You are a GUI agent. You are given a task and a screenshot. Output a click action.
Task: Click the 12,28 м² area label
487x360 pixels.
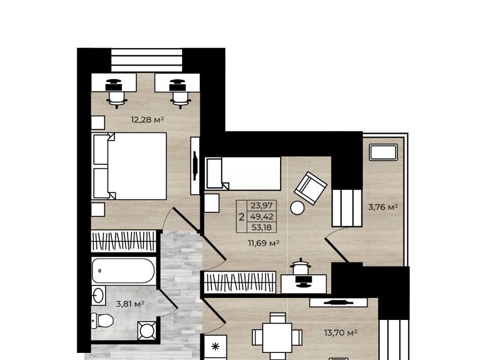pyautogui.click(x=147, y=120)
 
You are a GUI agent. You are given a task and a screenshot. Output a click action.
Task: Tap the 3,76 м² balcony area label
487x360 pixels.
pyautogui.click(x=383, y=207)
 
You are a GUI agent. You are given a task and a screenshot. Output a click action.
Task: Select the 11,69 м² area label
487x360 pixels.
pyautogui.click(x=263, y=243)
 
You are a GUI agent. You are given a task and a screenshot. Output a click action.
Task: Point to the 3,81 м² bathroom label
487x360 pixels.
pyautogui.click(x=130, y=304)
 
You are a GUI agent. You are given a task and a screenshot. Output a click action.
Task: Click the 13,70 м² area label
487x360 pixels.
pyautogui.click(x=340, y=333)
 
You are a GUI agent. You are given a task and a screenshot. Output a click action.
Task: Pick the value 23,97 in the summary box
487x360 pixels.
pyautogui.click(x=262, y=205)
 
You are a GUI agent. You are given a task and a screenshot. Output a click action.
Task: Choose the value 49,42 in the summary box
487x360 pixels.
pyautogui.click(x=262, y=217)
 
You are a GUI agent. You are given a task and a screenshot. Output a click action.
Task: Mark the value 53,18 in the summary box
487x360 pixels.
pyautogui.click(x=262, y=227)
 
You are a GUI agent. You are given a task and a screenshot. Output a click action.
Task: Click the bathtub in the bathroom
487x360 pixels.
pyautogui.click(x=124, y=271)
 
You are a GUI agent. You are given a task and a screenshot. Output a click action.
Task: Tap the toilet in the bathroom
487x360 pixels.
pyautogui.click(x=101, y=320)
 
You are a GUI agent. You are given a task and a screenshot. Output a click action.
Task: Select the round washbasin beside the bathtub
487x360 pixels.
pyautogui.click(x=98, y=296)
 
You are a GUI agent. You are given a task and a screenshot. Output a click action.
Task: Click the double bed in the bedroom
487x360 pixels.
pyautogui.click(x=129, y=166)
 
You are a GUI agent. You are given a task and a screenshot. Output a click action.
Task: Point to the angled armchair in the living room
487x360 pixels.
pyautogui.click(x=310, y=188)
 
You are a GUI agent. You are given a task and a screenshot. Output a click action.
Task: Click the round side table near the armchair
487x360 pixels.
pyautogui.click(x=297, y=208)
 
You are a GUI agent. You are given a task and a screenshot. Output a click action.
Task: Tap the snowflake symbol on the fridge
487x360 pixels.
pyautogui.click(x=216, y=347)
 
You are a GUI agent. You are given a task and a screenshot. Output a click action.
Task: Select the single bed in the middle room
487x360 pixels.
pyautogui.click(x=243, y=173)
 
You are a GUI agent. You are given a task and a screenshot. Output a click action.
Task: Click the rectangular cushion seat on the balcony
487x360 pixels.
pyautogui.click(x=384, y=153)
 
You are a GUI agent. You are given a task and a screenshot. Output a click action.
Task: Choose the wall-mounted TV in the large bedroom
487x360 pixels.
pyautogui.click(x=195, y=165)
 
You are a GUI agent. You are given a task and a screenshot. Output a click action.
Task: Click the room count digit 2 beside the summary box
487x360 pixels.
pyautogui.click(x=241, y=217)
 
